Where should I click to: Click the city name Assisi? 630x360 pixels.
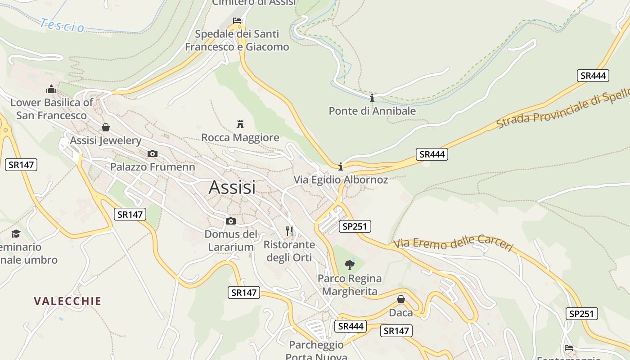[232, 187]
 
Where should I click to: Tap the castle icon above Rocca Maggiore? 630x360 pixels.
[240, 124]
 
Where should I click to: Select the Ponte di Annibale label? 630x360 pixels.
[372, 111]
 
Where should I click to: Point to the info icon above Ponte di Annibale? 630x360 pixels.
[372, 98]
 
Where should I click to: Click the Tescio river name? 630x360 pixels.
[62, 25]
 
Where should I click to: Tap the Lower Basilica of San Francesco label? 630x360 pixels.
[51, 109]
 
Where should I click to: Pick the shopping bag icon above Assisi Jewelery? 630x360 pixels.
[106, 127]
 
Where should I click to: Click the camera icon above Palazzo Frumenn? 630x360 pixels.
[153, 154]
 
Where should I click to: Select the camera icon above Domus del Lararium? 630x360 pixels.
[231, 221]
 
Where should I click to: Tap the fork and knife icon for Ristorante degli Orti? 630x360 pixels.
[289, 231]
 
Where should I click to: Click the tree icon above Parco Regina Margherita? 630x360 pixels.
[349, 265]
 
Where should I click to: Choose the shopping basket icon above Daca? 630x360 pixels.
[401, 299]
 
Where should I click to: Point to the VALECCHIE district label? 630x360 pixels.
[68, 301]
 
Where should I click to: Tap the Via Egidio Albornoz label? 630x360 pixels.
[341, 180]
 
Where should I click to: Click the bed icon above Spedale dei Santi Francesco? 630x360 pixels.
[237, 21]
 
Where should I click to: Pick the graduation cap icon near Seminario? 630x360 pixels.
[16, 234]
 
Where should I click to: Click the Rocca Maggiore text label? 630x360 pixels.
[240, 137]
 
